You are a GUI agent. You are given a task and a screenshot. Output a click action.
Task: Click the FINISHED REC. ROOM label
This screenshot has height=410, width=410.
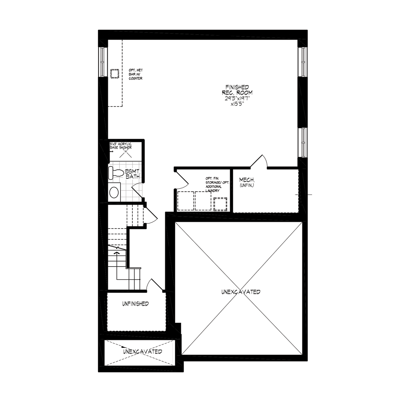coord(237,90)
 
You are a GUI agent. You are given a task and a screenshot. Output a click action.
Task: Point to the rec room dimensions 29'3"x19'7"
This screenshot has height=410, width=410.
coord(237,98)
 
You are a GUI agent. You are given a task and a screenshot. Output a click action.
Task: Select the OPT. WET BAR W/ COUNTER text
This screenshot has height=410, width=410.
coord(136,74)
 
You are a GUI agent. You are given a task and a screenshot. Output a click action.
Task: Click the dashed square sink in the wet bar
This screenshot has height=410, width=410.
coord(115,74)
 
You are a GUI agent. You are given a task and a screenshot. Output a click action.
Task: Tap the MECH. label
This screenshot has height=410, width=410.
coord(247,180)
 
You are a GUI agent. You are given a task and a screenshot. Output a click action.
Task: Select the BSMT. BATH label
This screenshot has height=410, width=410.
coord(133,174)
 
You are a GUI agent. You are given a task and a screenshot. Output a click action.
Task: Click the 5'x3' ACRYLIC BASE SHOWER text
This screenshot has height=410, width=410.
coord(121,146)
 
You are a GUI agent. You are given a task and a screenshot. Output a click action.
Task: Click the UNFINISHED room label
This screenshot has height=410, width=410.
coord(135,304)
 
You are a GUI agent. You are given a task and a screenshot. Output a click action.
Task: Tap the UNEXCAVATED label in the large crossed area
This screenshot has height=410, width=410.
coord(241,292)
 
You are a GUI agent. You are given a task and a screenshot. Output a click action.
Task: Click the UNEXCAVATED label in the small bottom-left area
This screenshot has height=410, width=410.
coord(143,351)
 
